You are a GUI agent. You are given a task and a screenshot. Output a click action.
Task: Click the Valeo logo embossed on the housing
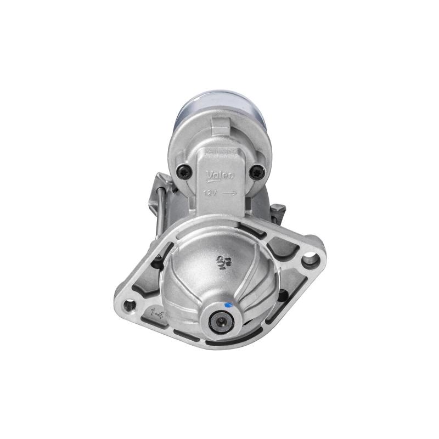point(219,175)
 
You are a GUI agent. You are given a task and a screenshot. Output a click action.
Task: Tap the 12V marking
point(210,193)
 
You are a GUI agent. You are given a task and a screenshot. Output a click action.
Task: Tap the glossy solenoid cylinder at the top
point(219,107)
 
